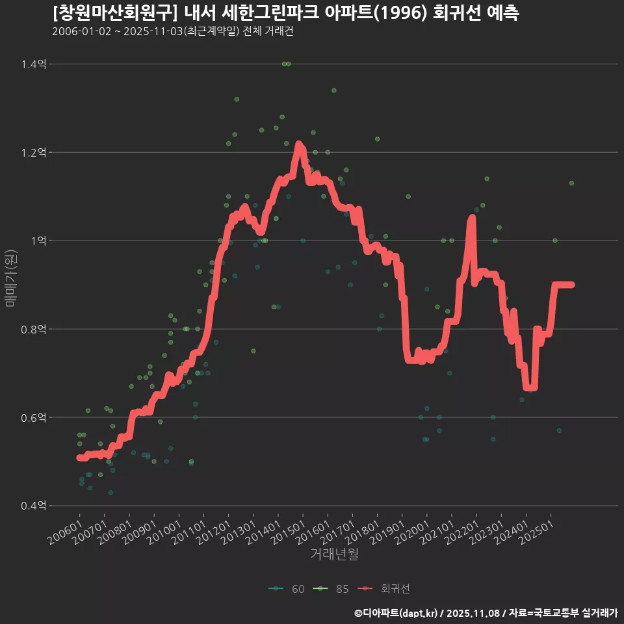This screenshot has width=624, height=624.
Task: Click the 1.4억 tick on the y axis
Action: click(x=33, y=64)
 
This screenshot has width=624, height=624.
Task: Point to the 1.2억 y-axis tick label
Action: click(x=33, y=153)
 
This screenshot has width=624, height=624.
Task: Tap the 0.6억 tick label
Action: click(x=33, y=417)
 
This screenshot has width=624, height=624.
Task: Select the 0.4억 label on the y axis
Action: click(x=33, y=506)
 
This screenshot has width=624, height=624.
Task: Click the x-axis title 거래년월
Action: click(x=334, y=554)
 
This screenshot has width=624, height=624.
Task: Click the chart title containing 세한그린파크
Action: click(x=285, y=13)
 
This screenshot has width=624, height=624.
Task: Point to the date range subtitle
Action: click(x=172, y=31)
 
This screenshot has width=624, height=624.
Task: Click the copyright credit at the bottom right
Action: click(x=486, y=612)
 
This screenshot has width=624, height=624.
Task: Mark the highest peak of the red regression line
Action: click(x=298, y=144)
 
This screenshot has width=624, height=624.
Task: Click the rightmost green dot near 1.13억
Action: click(x=571, y=183)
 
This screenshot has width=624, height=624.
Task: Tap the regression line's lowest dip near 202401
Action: click(x=530, y=387)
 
